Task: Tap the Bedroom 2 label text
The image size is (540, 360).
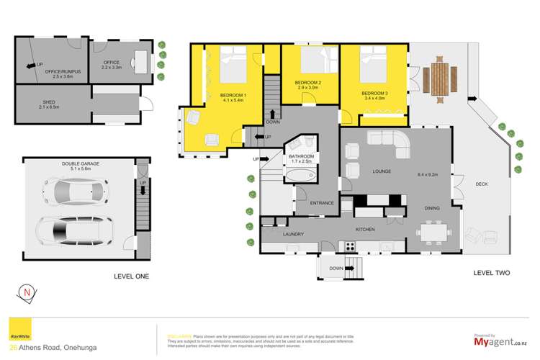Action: click(307, 83)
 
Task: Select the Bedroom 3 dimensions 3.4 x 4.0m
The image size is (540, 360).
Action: click(374, 100)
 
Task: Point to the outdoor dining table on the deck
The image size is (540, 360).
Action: click(439, 77)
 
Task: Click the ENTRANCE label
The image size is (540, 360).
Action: click(322, 203)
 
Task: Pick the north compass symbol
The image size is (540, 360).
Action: click(27, 293)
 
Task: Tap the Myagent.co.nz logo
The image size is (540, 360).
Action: click(500, 341)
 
